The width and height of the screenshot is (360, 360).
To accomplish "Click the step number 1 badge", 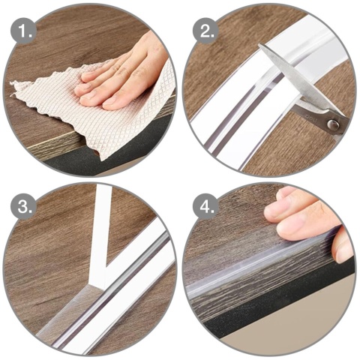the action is point(23,31).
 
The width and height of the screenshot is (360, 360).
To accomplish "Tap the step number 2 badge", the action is point(205,31).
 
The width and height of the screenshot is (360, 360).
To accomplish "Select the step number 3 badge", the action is point(23,206).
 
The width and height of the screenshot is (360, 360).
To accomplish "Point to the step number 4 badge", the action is point(205,206).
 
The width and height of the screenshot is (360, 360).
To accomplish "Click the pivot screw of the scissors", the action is point(333,124).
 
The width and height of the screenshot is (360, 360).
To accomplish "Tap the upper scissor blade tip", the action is point(259,44).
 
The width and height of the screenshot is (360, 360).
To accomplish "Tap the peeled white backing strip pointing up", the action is point(103,225).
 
